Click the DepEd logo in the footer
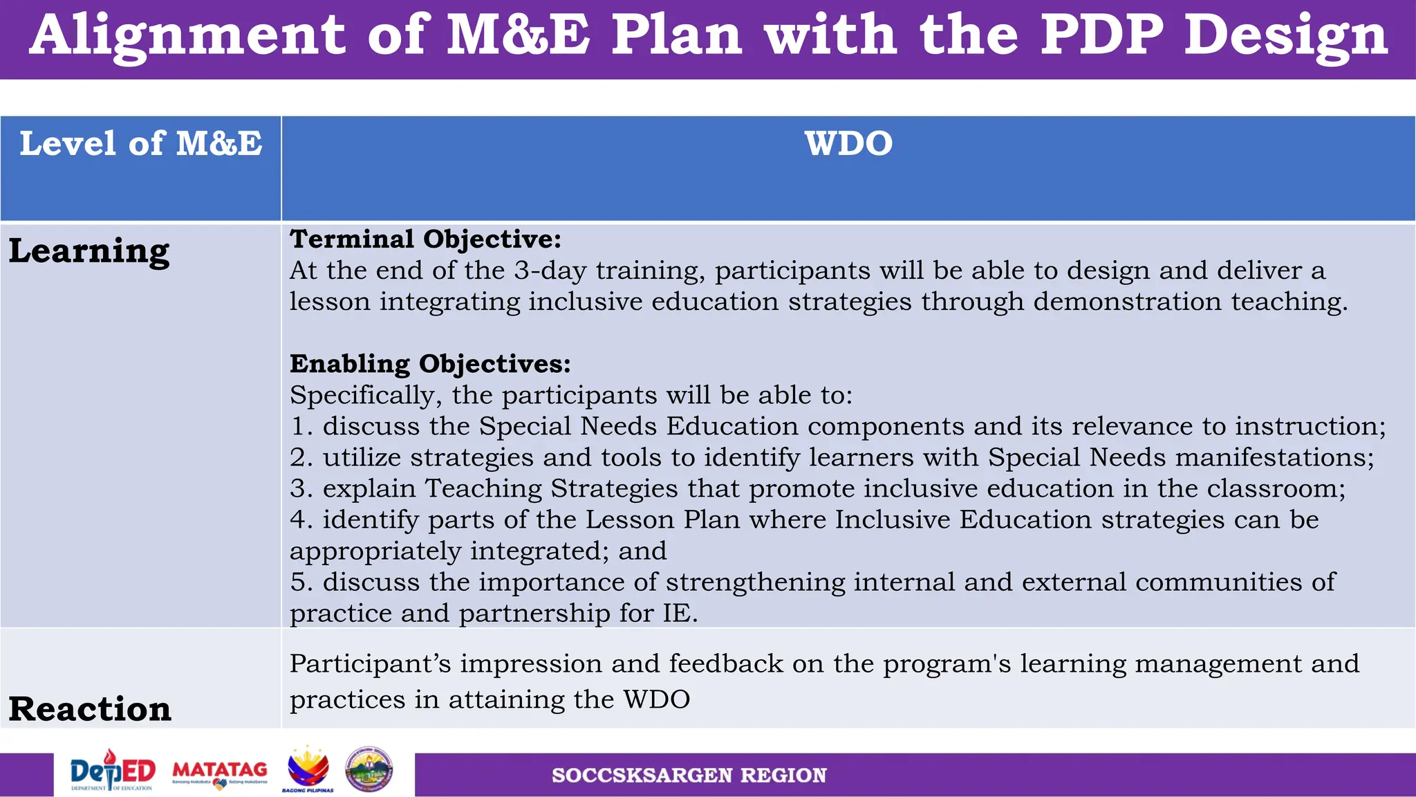pos(113,771)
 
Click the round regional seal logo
pos(369,769)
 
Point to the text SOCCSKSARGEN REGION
pos(689,776)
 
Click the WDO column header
pos(848,144)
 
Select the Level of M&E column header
pos(141,144)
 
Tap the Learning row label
pos(89,250)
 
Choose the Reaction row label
pos(90,709)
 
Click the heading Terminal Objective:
pos(425,239)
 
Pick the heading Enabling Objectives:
pos(430,364)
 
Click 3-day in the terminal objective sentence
pos(550,271)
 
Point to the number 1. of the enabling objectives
pos(301,426)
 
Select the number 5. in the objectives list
pos(301,583)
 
